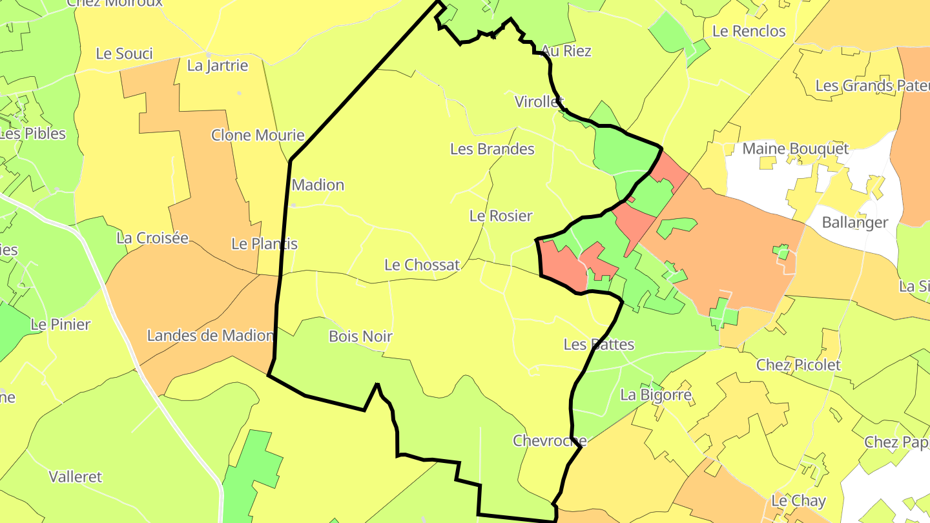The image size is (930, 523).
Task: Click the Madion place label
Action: [318, 185]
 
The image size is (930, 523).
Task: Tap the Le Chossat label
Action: [422, 265]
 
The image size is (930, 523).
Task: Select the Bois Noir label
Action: [360, 336]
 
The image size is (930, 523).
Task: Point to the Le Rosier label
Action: [501, 216]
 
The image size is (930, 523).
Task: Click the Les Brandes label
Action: [492, 149]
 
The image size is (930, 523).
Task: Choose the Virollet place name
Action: [539, 101]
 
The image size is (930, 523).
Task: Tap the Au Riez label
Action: [566, 51]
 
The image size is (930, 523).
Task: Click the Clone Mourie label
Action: [258, 136]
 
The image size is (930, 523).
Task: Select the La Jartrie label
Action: [217, 65]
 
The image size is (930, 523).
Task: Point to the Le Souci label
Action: [124, 54]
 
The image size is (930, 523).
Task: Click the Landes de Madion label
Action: [211, 336]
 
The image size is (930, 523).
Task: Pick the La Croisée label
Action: [152, 238]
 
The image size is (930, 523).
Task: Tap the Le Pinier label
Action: [61, 324]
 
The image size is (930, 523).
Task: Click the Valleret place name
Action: [76, 477]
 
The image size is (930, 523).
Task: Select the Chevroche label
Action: [549, 441]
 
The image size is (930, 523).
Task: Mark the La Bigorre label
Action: [656, 395]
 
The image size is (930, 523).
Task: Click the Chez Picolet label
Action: [798, 365]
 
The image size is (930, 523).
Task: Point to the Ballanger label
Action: [854, 223]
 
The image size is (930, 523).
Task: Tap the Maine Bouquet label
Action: [795, 149]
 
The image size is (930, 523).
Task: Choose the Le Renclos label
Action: [749, 31]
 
